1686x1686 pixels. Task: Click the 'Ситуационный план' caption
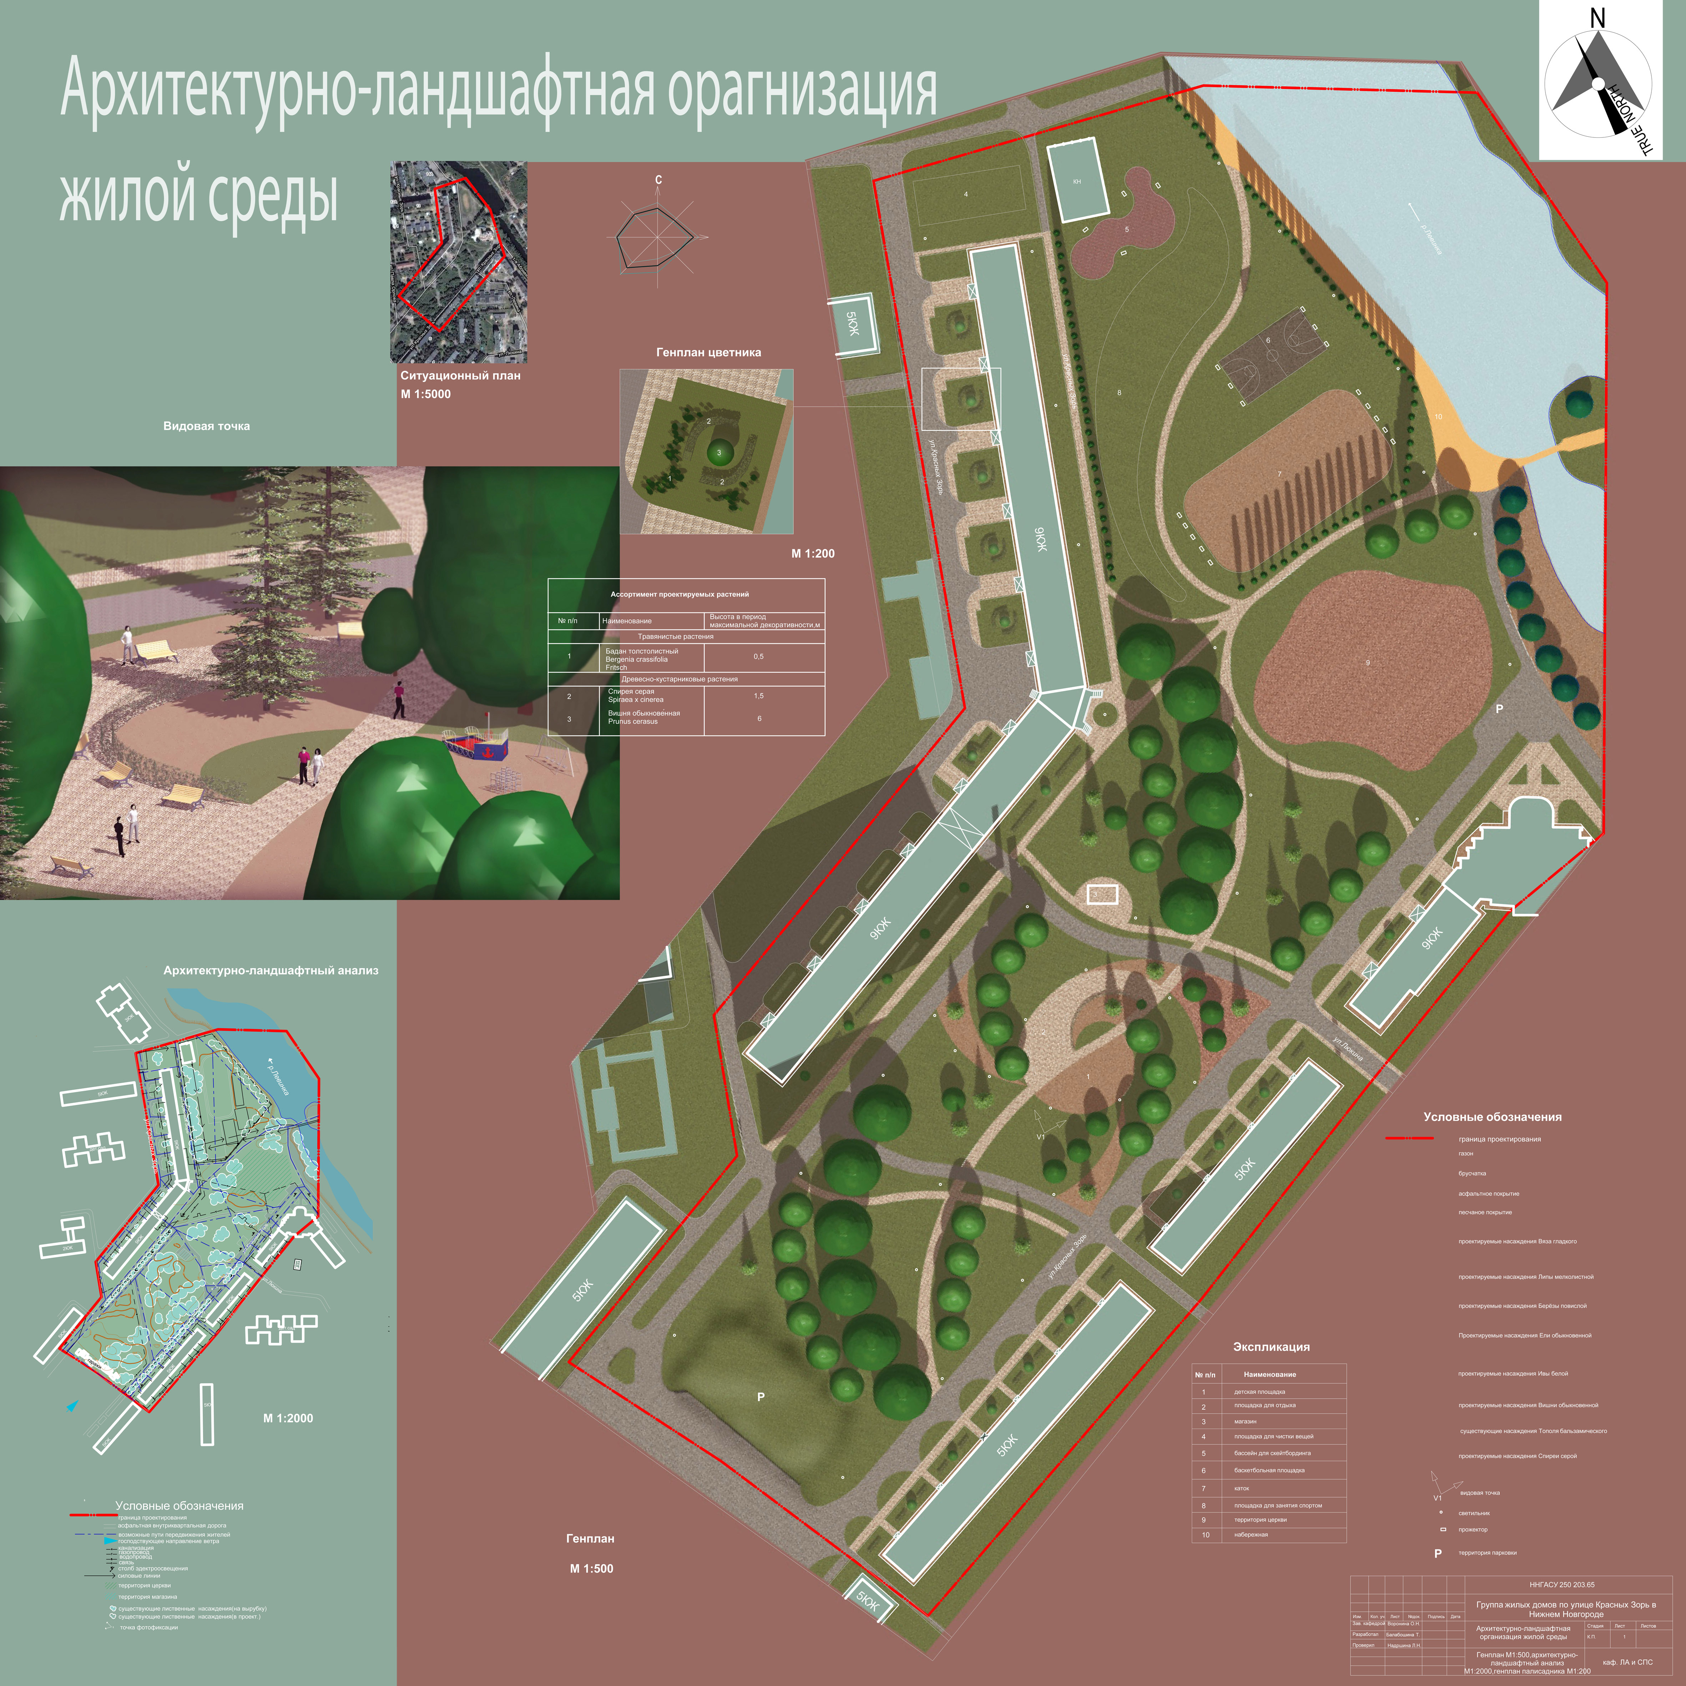pyautogui.click(x=460, y=375)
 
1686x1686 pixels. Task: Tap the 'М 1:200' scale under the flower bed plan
pyautogui.click(x=812, y=553)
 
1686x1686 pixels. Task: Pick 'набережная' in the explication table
pyautogui.click(x=1251, y=1534)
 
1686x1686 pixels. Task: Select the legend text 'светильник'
pyautogui.click(x=1474, y=1513)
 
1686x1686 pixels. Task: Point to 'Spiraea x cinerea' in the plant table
pyautogui.click(x=635, y=700)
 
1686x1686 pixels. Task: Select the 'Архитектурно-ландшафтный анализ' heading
pyautogui.click(x=271, y=970)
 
